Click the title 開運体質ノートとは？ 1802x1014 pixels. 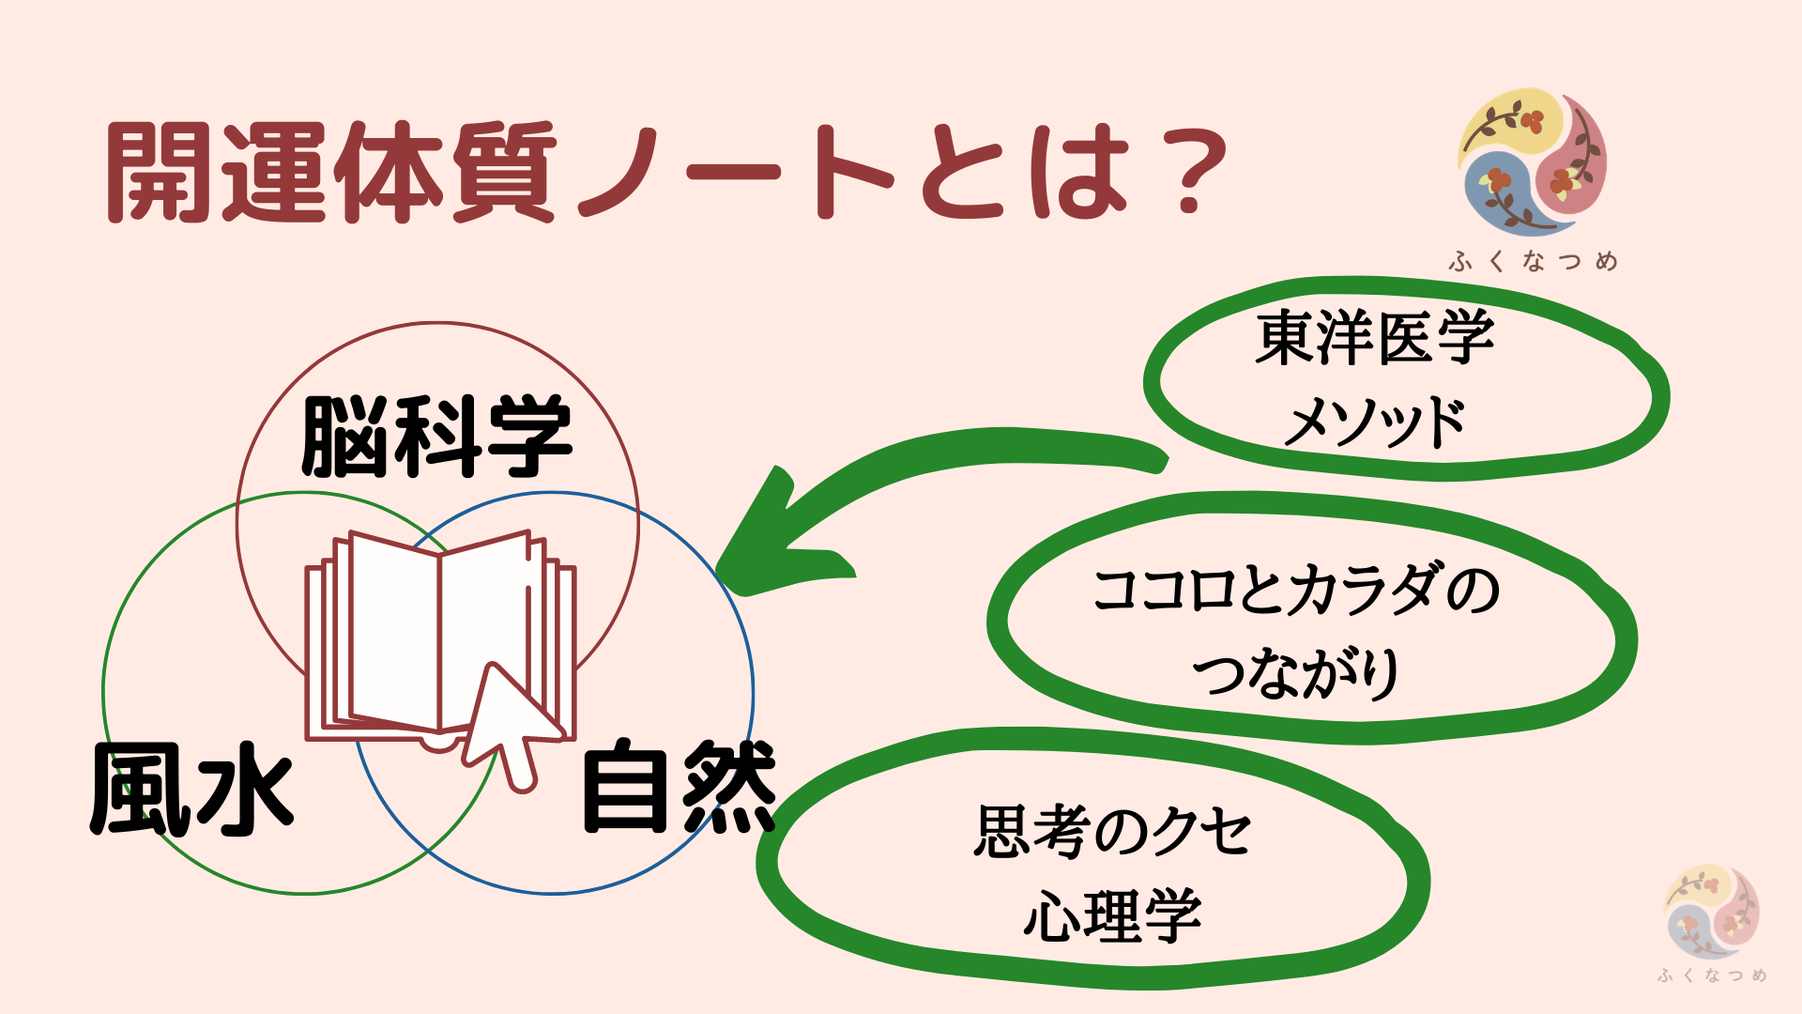coord(667,173)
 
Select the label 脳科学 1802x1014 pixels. coord(436,437)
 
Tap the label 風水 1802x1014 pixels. coord(192,789)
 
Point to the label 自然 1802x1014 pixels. coord(680,787)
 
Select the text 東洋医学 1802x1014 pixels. coord(1375,338)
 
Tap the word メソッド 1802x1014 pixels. coord(1375,422)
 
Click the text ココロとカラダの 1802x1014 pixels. coord(1297,591)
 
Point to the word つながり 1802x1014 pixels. coord(1297,672)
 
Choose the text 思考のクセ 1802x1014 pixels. coord(1113,831)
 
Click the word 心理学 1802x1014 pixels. coord(1113,914)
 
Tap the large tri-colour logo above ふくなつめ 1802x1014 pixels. coord(1533,161)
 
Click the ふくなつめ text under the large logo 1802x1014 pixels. coord(1533,261)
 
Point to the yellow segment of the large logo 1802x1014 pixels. coord(1512,120)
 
